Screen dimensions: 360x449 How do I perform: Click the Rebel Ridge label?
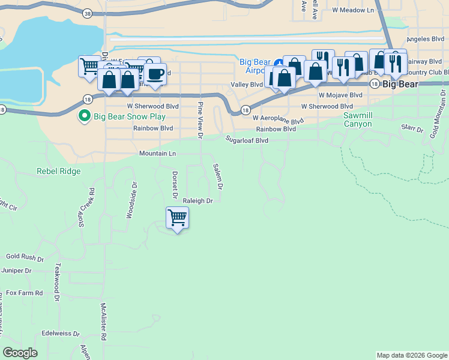pyautogui.click(x=58, y=171)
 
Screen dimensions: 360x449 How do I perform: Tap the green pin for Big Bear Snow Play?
pyautogui.click(x=85, y=116)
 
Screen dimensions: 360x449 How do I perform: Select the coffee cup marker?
pyautogui.click(x=155, y=75)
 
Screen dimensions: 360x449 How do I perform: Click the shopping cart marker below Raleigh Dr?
pyautogui.click(x=177, y=218)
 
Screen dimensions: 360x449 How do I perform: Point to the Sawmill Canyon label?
pyautogui.click(x=366, y=119)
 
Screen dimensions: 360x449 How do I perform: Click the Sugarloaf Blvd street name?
pyautogui.click(x=247, y=140)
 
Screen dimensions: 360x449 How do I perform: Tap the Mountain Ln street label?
pyautogui.click(x=157, y=154)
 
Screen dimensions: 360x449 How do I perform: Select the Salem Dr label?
pyautogui.click(x=218, y=177)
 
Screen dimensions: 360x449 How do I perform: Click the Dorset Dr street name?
pyautogui.click(x=175, y=185)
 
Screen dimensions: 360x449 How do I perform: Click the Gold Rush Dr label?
pyautogui.click(x=25, y=256)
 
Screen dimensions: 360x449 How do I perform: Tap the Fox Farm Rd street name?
pyautogui.click(x=25, y=293)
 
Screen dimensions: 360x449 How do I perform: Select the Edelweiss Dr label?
pyautogui.click(x=61, y=333)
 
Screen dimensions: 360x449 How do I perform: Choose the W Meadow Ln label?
pyautogui.click(x=352, y=10)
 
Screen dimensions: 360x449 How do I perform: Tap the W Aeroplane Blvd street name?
pyautogui.click(x=278, y=119)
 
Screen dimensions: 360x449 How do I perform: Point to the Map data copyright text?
pyautogui.click(x=412, y=355)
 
